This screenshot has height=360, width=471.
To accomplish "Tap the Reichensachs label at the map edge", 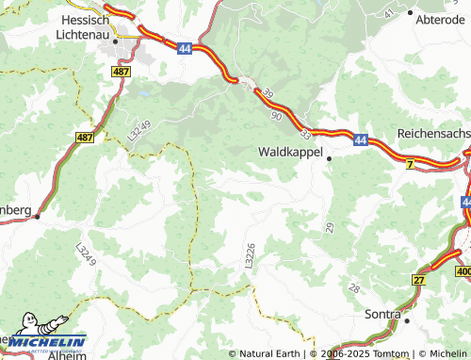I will point(433,135).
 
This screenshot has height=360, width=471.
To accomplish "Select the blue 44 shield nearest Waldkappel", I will point(362,139).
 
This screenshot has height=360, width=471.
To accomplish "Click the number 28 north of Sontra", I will point(354,287).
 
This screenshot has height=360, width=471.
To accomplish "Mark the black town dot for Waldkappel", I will point(329,159).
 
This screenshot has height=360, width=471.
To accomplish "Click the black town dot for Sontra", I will point(407,320).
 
